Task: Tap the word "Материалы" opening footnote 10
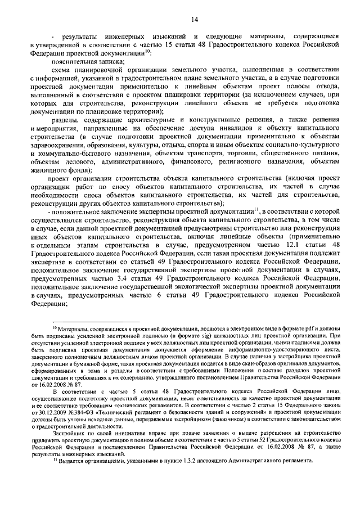[75, 328]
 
